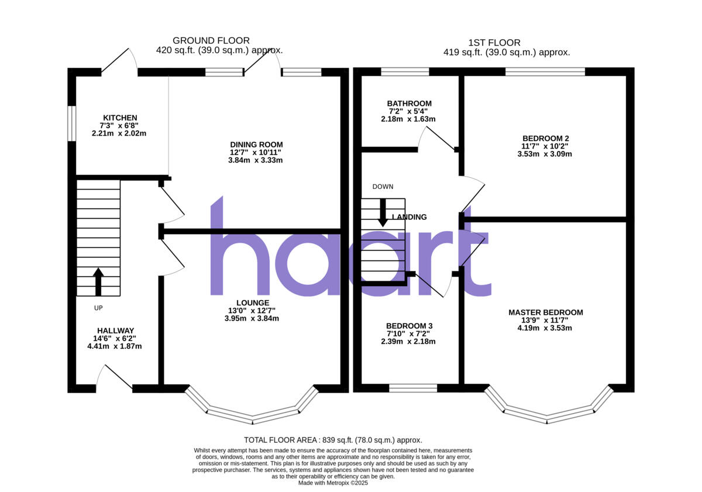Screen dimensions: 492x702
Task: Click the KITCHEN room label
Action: tap(120, 118)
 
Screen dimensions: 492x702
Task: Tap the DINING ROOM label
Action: tap(256, 144)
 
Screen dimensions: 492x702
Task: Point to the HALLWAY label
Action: tap(115, 331)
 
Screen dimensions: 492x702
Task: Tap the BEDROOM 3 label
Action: tap(409, 326)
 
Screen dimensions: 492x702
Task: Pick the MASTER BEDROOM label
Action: tap(545, 312)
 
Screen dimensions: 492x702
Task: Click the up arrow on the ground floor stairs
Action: tap(98, 281)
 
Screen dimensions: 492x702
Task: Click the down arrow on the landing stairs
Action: tap(383, 212)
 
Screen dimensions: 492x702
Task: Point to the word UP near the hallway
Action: tap(98, 308)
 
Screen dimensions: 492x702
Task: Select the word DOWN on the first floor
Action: tap(383, 187)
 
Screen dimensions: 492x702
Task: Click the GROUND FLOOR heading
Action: tap(211, 40)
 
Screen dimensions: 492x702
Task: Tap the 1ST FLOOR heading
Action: tap(494, 43)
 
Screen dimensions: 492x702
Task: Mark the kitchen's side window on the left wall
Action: tap(71, 123)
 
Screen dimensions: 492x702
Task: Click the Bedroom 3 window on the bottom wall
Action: tap(413, 387)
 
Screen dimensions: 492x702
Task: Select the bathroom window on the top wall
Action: tap(404, 71)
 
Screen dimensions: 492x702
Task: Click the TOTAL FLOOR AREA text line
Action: tap(332, 440)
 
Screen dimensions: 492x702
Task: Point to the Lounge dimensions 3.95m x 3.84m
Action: tap(252, 318)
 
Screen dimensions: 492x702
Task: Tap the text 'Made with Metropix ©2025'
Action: tap(332, 483)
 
